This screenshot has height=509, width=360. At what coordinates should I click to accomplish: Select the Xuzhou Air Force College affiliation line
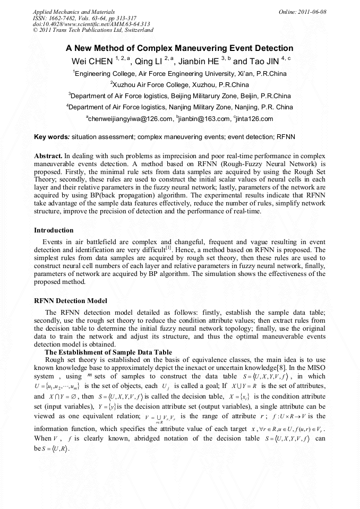pos(180,85)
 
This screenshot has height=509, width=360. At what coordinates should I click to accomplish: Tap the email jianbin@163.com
pos(202,118)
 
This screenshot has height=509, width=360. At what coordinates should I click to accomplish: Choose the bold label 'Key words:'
pos(52,137)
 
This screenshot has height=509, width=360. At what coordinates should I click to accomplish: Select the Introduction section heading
pos(54,230)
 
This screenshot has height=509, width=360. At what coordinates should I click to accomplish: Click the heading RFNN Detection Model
pos(71,301)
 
